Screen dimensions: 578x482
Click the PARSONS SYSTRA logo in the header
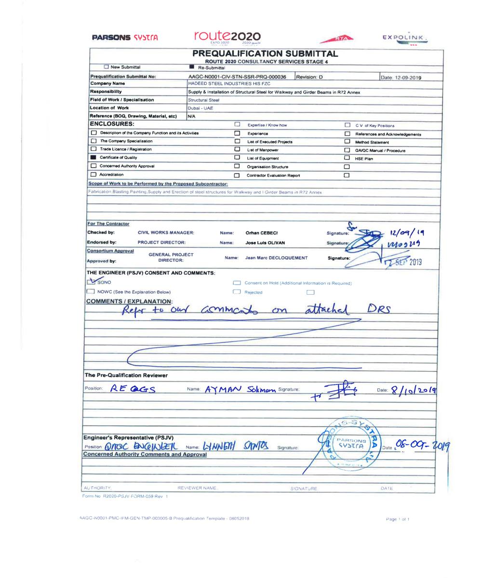coord(125,37)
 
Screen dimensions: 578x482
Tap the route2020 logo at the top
coord(228,37)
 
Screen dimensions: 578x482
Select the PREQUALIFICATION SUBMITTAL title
coord(265,53)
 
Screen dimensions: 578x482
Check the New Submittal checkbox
coord(107,67)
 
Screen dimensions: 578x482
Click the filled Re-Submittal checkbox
coord(192,67)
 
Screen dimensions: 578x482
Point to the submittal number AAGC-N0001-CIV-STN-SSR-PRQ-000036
coord(237,77)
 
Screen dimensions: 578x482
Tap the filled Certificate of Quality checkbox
coord(94,158)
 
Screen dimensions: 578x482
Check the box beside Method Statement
coord(347,142)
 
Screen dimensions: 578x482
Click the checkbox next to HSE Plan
coord(347,158)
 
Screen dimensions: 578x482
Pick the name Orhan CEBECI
coord(262,233)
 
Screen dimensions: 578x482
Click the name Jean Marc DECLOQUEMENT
coord(276,258)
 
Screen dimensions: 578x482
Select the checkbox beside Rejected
coord(237,292)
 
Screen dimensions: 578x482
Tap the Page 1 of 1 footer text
coord(398,519)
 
